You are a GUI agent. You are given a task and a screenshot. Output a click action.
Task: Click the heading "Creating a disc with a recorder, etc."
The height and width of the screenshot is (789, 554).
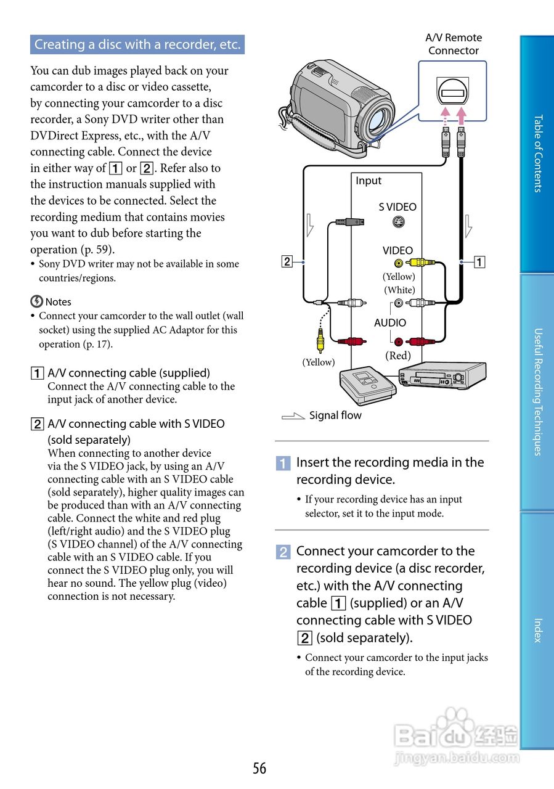[137, 44]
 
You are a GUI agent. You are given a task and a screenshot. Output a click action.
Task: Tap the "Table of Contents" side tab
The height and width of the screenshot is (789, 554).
[537, 153]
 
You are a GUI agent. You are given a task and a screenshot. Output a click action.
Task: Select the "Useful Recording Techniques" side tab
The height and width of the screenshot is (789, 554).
[537, 391]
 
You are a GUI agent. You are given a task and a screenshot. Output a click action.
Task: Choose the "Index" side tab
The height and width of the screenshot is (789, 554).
[537, 630]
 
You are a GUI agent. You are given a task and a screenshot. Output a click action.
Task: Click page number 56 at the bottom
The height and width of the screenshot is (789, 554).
[259, 768]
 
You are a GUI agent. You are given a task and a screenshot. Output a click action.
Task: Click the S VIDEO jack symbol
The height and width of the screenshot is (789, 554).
[397, 223]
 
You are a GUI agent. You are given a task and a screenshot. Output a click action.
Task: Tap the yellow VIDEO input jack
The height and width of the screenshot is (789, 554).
[399, 263]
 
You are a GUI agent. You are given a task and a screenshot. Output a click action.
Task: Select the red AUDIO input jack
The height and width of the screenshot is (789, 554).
[399, 341]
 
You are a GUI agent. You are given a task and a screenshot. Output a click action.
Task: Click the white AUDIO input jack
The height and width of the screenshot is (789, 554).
[399, 303]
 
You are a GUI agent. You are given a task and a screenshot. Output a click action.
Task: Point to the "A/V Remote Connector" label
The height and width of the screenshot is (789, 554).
[454, 44]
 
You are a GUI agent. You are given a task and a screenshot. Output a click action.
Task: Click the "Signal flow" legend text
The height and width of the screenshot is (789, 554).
[335, 415]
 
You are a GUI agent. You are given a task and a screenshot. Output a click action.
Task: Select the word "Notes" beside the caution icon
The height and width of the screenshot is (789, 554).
[58, 302]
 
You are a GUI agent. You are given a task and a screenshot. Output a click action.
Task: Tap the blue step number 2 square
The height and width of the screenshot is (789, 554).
[283, 552]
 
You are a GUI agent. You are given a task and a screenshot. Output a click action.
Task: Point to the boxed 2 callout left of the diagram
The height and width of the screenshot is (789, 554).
[287, 261]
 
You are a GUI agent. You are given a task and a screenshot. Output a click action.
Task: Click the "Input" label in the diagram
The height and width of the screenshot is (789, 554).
[369, 181]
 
